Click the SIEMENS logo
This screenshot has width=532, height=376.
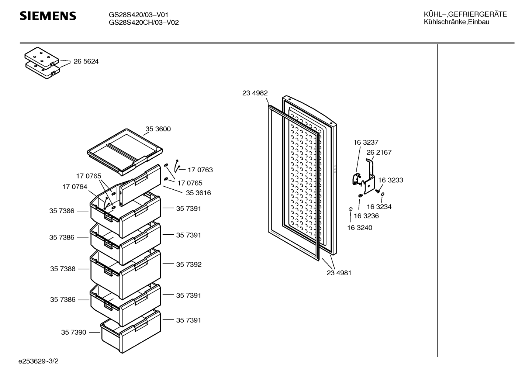click(48, 16)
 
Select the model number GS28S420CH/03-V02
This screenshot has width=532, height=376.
click(144, 23)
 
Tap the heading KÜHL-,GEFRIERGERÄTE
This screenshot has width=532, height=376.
click(465, 14)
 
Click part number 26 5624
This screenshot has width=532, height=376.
click(86, 62)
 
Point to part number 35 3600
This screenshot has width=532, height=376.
click(158, 129)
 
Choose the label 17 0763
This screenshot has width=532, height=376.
click(200, 170)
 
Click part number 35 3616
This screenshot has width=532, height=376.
click(198, 193)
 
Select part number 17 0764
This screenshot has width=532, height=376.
click(75, 187)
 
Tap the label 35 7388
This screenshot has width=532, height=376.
click(63, 269)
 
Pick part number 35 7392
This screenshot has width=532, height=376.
click(189, 265)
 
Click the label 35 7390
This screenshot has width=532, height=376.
click(73, 332)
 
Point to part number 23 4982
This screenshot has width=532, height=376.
click(255, 93)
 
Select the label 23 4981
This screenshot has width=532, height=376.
click(339, 273)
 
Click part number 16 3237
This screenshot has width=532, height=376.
click(366, 142)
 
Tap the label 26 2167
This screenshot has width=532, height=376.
click(379, 152)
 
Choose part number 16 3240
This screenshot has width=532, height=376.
click(360, 228)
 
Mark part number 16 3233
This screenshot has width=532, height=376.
click(391, 180)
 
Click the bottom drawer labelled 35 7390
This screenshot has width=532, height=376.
click(131, 331)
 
